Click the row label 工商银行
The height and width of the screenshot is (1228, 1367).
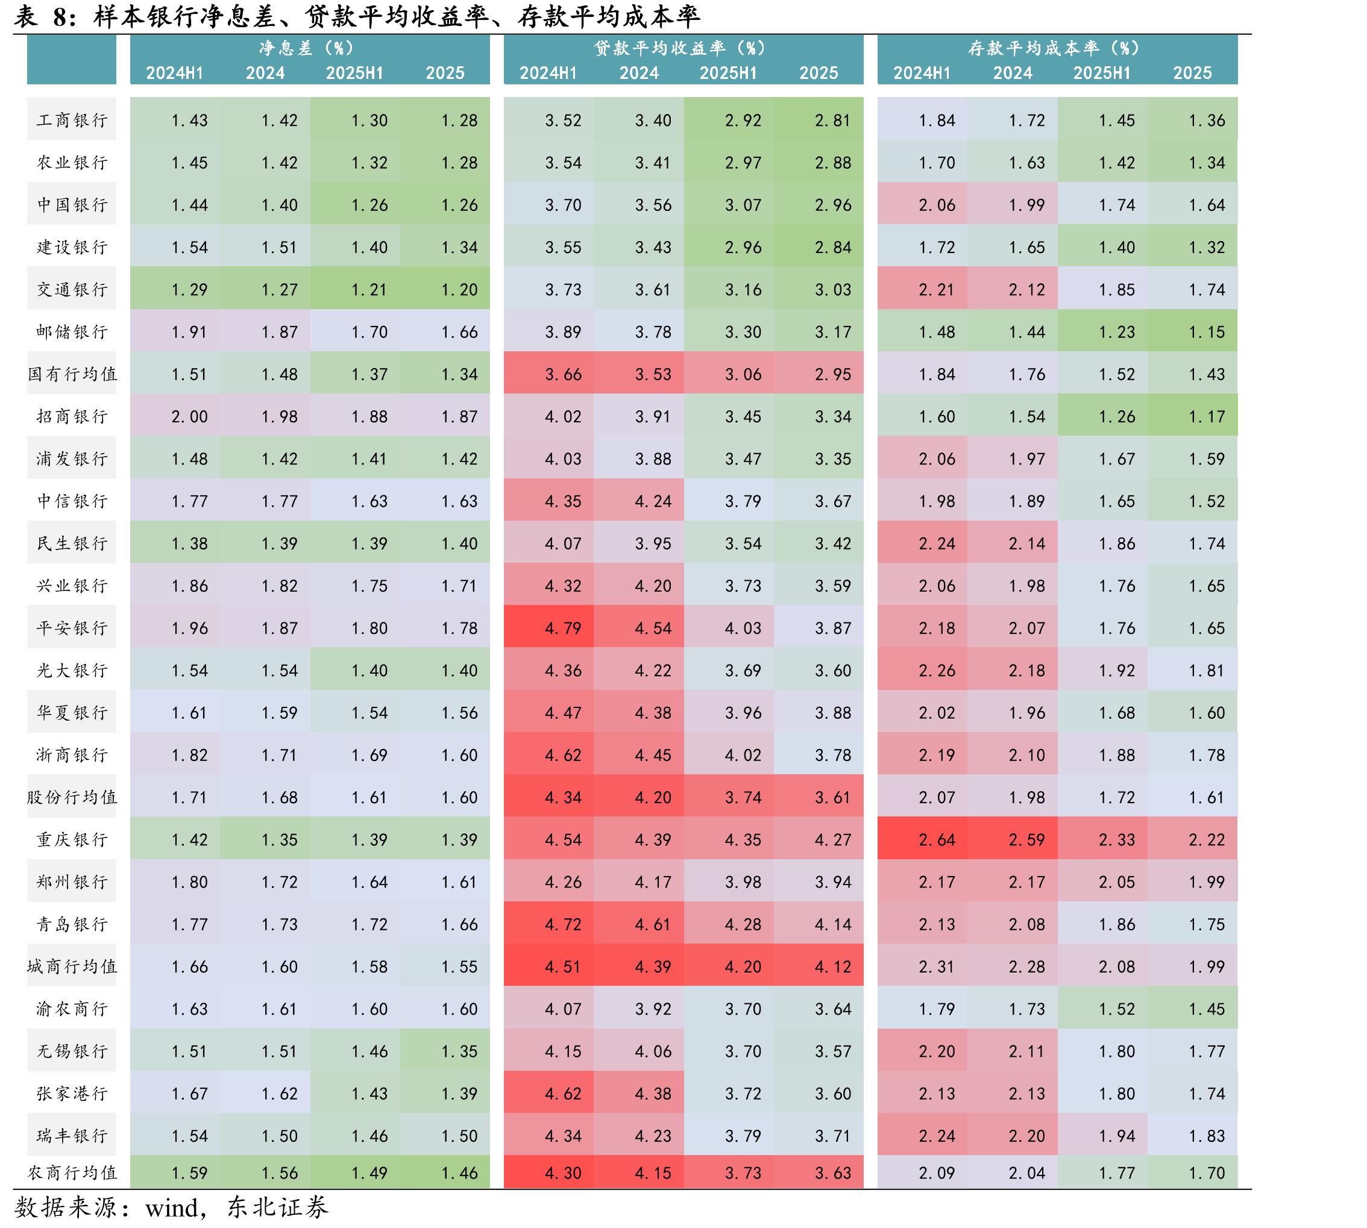(x=72, y=120)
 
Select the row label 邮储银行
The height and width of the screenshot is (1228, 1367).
(x=72, y=331)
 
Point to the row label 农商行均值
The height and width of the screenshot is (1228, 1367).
(x=72, y=1173)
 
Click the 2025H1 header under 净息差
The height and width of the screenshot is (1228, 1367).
(x=354, y=73)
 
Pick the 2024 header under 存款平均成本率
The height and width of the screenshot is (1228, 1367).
(x=1013, y=73)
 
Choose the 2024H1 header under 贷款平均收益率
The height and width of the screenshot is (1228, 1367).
(x=548, y=73)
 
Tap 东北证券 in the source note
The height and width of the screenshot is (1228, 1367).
(x=277, y=1207)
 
